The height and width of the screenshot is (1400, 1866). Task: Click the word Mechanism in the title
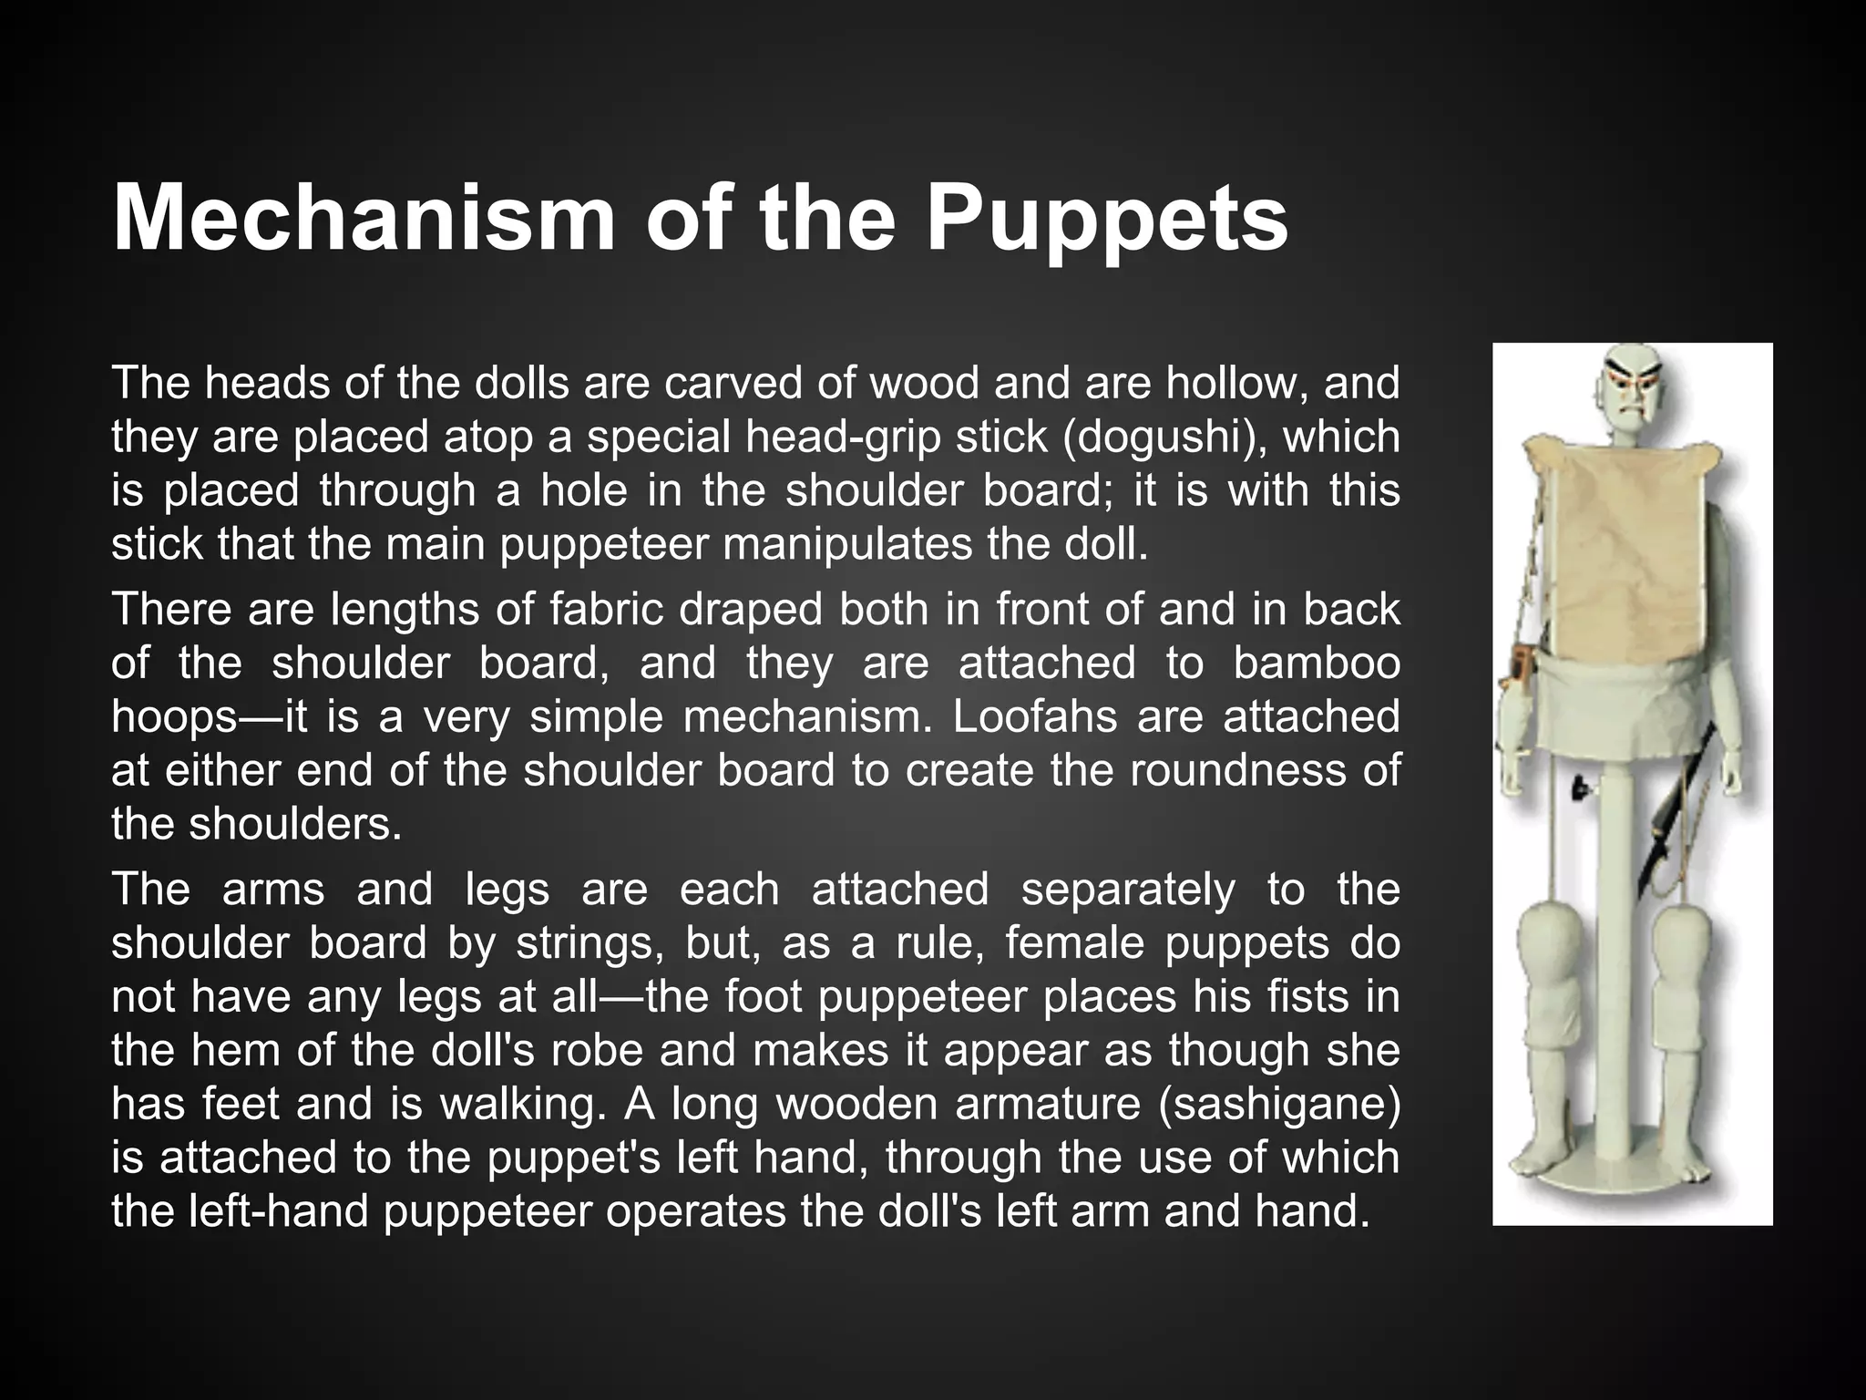point(364,219)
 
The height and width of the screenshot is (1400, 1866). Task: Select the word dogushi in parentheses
point(1164,437)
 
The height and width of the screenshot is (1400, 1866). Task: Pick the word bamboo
point(1317,663)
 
